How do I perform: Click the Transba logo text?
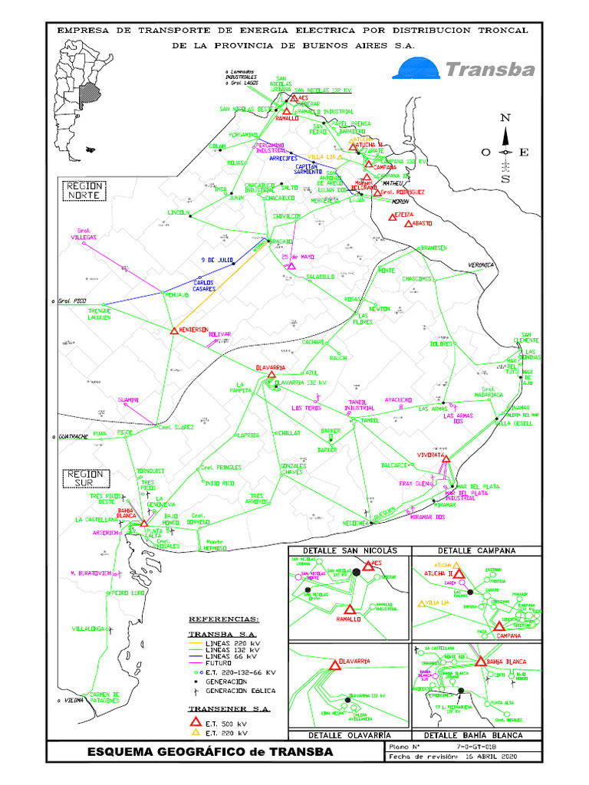(489, 71)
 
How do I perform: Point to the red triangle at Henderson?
(174, 331)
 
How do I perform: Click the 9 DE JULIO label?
(216, 260)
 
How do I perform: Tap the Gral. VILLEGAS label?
(84, 234)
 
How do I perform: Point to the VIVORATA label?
(430, 455)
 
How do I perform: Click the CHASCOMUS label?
(420, 278)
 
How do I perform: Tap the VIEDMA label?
(74, 700)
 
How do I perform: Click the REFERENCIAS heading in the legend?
(224, 619)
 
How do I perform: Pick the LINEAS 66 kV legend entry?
(229, 656)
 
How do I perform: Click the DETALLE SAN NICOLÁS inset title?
(350, 550)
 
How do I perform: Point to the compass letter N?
(505, 118)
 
